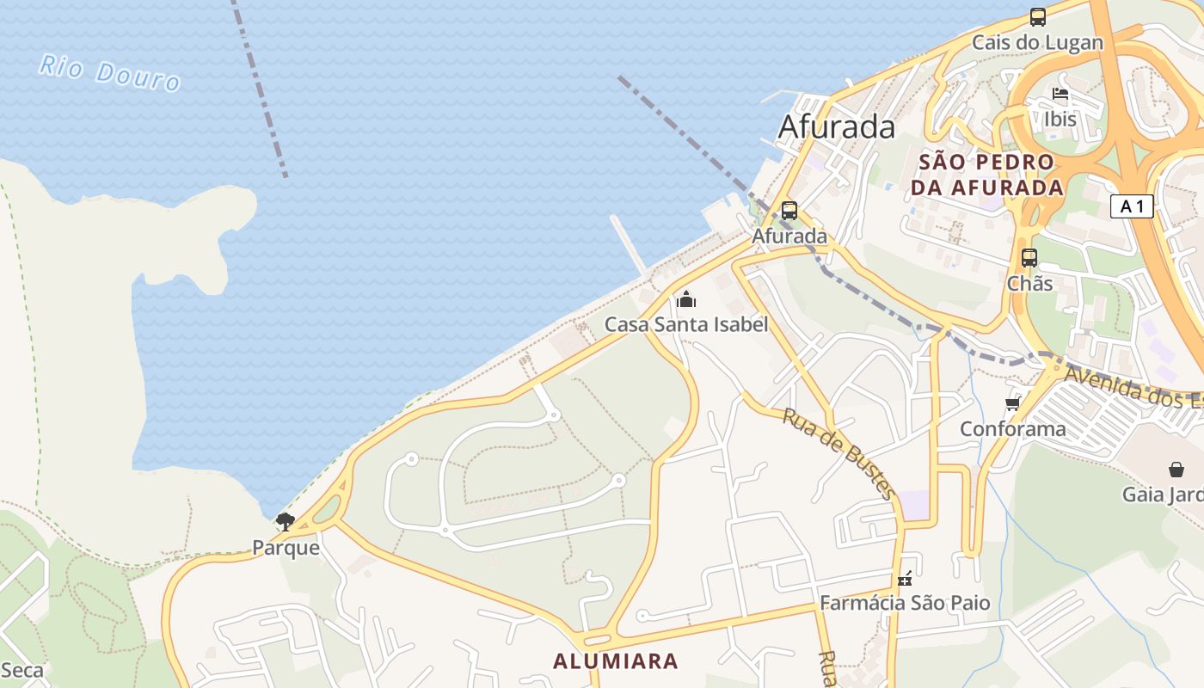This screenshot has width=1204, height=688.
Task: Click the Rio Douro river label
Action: coord(109,72)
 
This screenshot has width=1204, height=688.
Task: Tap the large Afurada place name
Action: coord(836,127)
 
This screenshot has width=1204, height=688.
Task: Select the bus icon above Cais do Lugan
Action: coord(1038,17)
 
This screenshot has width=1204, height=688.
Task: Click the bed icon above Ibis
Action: coord(1060,94)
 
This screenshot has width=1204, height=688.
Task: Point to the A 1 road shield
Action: coord(1131,206)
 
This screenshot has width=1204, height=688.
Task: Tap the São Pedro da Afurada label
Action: coord(986,175)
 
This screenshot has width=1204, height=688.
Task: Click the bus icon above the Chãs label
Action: coord(1029,257)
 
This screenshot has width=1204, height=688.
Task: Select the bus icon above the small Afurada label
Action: coord(789,211)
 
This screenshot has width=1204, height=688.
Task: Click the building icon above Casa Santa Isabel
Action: coord(685,299)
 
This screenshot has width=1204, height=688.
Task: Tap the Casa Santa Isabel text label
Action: coord(685,324)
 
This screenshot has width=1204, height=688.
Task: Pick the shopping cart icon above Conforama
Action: coord(1012,403)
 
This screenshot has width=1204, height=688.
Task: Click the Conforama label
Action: coord(1012,428)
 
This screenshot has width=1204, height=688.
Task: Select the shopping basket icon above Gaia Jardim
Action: coord(1176,470)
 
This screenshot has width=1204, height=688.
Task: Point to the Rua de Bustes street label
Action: coord(838,452)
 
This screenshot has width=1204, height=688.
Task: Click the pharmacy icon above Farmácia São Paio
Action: coord(904,579)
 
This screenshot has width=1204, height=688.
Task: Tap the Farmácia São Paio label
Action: coord(904,603)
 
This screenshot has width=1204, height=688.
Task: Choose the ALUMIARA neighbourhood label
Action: coord(615,661)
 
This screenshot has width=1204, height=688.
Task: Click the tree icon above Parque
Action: coord(285,521)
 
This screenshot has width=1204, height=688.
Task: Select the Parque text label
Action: coord(286,548)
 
